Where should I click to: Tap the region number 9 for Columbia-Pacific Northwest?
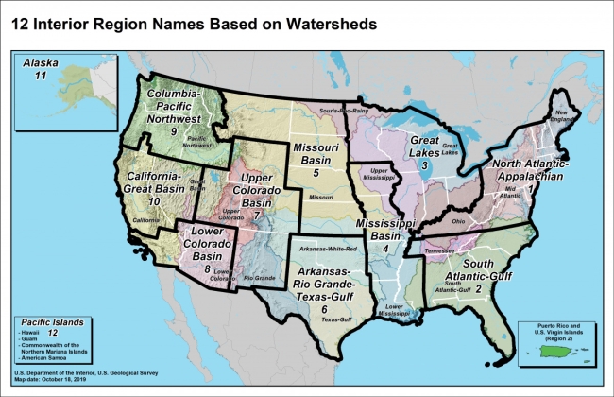(175, 131)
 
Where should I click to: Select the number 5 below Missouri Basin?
(316, 173)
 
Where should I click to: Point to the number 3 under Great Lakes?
(425, 165)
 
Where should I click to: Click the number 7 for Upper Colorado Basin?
(256, 216)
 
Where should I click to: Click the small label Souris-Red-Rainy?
(342, 112)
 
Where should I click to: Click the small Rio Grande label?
(259, 279)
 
